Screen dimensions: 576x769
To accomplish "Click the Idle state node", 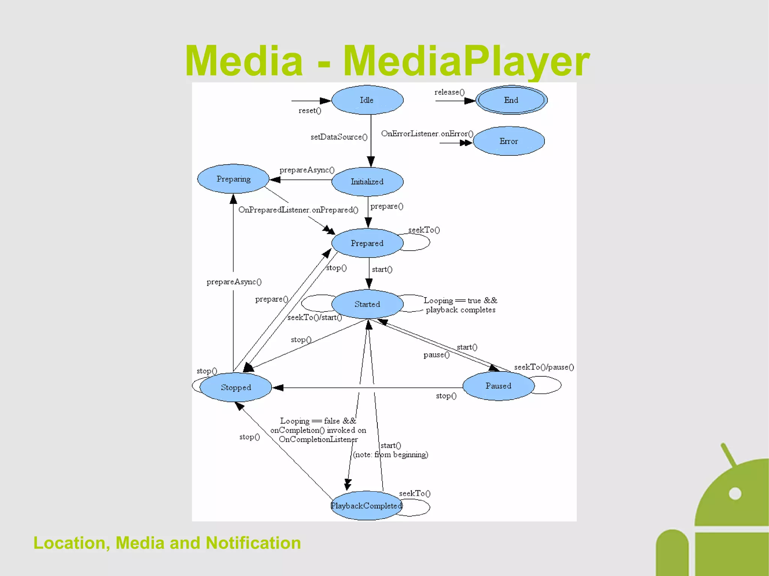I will click(367, 100).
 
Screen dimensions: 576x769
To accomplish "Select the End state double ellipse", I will click(511, 100).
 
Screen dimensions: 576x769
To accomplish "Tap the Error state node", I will click(508, 141).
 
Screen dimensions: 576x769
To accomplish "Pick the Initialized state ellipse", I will click(367, 182).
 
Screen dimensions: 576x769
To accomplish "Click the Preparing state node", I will click(233, 179).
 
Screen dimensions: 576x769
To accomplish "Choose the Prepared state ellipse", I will click(367, 243).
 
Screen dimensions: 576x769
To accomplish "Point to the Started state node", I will click(367, 304).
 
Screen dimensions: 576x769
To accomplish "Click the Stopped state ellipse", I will click(236, 387).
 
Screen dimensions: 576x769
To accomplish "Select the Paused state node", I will click(498, 386).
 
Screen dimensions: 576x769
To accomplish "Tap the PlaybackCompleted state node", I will click(366, 506).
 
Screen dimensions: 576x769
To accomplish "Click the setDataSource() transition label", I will click(339, 137).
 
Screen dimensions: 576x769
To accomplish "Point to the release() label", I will click(449, 92).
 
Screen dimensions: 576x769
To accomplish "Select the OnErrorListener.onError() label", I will click(427, 134).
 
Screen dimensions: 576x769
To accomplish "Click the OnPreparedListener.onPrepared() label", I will click(298, 210).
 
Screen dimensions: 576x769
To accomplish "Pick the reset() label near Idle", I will click(310, 111).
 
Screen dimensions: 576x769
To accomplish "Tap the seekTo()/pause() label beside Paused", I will click(544, 367).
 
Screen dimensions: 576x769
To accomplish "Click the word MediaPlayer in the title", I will click(466, 61).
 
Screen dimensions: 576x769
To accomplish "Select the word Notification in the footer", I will click(253, 543).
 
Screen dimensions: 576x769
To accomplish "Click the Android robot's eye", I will click(735, 493).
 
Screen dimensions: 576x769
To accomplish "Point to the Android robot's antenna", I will click(728, 454).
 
